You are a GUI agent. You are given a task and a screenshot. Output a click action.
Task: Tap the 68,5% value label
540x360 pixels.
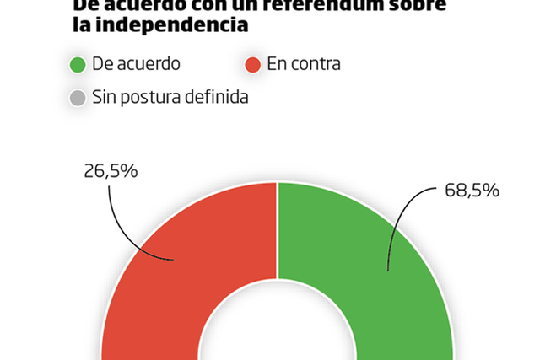(x=472, y=190)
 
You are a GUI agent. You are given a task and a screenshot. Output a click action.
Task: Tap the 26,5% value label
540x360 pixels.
(x=111, y=170)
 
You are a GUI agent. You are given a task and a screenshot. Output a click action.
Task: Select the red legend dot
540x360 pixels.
(x=251, y=64)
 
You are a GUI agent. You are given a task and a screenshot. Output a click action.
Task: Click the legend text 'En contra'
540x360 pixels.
(x=304, y=64)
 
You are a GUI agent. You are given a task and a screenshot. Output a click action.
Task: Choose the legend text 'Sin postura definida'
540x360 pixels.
(x=170, y=98)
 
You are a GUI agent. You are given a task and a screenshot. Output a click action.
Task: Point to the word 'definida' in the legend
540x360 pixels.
(x=218, y=98)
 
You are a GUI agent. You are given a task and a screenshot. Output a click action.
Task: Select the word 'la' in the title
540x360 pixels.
(x=81, y=25)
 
